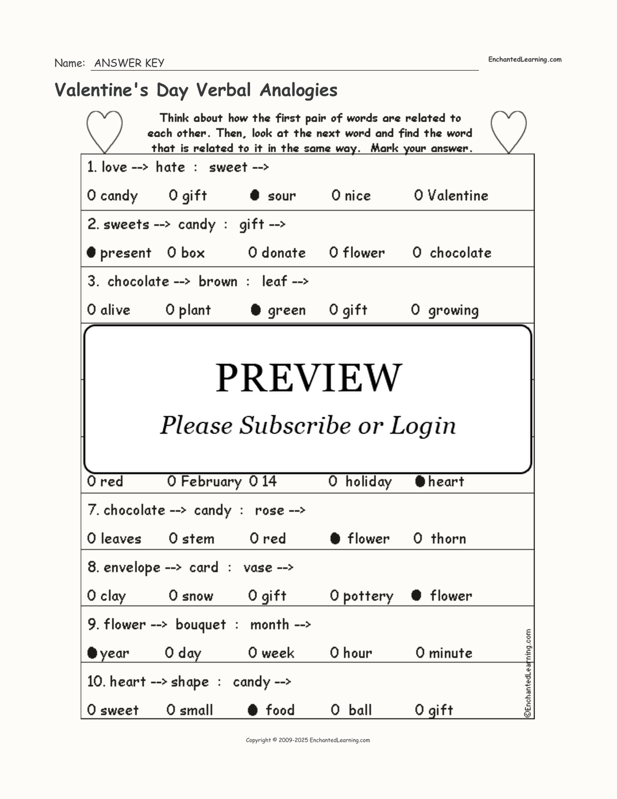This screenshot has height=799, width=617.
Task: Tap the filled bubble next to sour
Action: click(255, 195)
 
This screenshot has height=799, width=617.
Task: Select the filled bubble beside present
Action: click(91, 252)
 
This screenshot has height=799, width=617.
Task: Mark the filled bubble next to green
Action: click(256, 310)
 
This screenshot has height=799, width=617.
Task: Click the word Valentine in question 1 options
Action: click(458, 196)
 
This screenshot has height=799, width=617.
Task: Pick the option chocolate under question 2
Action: click(460, 253)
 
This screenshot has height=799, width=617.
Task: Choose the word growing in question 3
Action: click(453, 310)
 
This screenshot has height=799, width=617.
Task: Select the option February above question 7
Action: click(211, 482)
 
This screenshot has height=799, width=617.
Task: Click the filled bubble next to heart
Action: click(420, 481)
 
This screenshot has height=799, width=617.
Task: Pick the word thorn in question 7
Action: click(448, 539)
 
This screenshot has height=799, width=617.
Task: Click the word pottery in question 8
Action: click(368, 596)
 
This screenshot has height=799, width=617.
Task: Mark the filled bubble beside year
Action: click(92, 653)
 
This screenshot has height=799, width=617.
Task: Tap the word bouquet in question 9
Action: click(201, 624)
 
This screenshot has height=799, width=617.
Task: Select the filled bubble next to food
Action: click(253, 710)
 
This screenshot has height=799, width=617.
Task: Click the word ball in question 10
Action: click(360, 710)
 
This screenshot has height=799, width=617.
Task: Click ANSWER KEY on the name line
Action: click(129, 63)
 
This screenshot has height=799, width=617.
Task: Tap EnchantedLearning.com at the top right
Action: click(524, 60)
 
